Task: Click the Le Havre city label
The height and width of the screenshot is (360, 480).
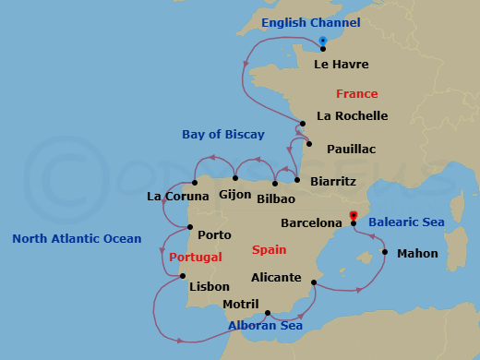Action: tap(342, 65)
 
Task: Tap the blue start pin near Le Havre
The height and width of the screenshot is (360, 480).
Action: tap(323, 41)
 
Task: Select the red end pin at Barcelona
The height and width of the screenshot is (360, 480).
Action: tap(354, 217)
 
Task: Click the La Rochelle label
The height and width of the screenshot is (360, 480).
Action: tap(352, 116)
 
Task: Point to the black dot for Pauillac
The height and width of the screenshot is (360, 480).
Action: tap(308, 143)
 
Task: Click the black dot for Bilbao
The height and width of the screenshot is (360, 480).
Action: tap(275, 184)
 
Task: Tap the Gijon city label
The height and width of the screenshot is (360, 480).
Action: tap(235, 194)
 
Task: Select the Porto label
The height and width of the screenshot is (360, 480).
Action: tap(214, 235)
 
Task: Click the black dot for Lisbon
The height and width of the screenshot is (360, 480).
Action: tap(182, 276)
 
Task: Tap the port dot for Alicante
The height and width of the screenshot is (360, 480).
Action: tap(314, 282)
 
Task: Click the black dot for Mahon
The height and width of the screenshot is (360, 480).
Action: tap(384, 251)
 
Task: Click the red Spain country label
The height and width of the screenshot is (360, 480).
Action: tap(269, 249)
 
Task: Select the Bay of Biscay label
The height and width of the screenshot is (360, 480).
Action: tap(223, 135)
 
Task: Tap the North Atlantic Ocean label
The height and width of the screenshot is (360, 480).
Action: tap(77, 239)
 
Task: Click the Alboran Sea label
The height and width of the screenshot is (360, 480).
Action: tap(265, 326)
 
